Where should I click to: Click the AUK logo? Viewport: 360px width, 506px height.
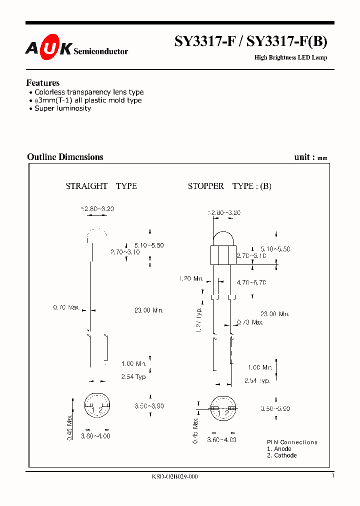(x=48, y=48)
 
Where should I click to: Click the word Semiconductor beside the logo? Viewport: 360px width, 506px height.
(x=101, y=51)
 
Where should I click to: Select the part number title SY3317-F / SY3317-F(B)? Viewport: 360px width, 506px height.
(x=250, y=42)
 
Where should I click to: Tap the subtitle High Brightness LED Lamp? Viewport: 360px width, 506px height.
(x=290, y=57)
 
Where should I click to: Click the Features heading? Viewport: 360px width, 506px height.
(x=43, y=83)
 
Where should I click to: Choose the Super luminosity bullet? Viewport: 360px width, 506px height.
(x=62, y=108)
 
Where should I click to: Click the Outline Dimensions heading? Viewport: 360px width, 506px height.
(x=65, y=157)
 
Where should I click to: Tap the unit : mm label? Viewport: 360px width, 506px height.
(x=311, y=157)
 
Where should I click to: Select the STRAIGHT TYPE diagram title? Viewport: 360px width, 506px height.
(x=101, y=186)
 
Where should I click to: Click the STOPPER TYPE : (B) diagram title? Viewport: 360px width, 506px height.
(x=229, y=186)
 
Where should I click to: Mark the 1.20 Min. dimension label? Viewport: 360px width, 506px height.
(x=191, y=278)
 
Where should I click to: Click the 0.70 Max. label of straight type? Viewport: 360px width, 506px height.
(x=66, y=307)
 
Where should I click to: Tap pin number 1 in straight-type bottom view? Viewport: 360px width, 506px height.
(x=92, y=410)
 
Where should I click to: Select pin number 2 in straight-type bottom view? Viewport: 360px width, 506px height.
(x=100, y=410)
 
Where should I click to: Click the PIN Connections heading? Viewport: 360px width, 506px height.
(x=292, y=442)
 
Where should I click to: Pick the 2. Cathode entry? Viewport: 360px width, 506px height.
(x=281, y=455)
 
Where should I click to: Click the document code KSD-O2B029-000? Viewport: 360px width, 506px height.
(x=175, y=476)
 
